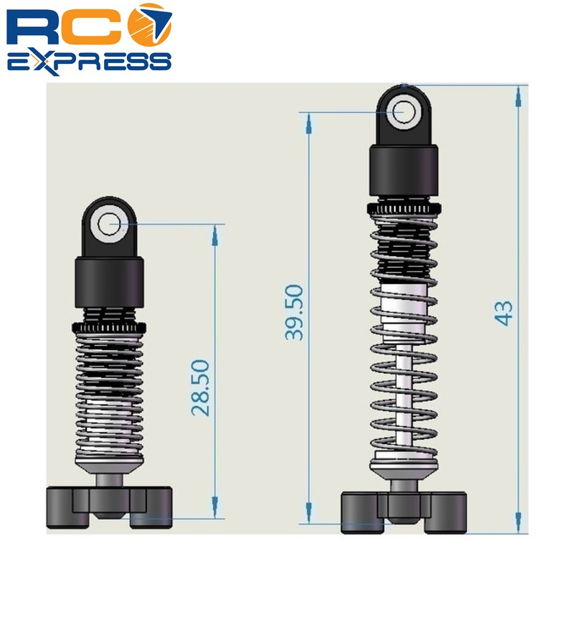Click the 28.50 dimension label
(x=200, y=387)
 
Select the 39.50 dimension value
(x=294, y=312)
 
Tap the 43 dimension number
(x=505, y=313)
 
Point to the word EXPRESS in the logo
(x=89, y=62)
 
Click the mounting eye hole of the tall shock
(x=405, y=111)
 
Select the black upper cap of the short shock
(x=110, y=282)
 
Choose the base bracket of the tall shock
(x=404, y=511)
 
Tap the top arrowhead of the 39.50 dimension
(x=309, y=121)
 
